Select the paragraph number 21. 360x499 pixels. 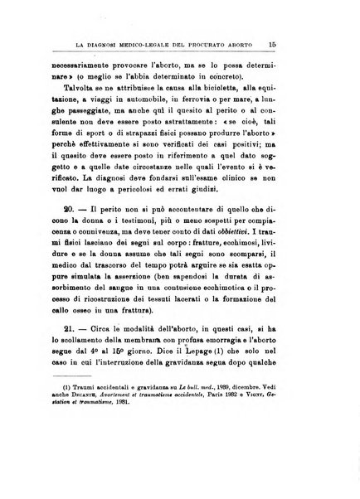[x=69, y=351]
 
